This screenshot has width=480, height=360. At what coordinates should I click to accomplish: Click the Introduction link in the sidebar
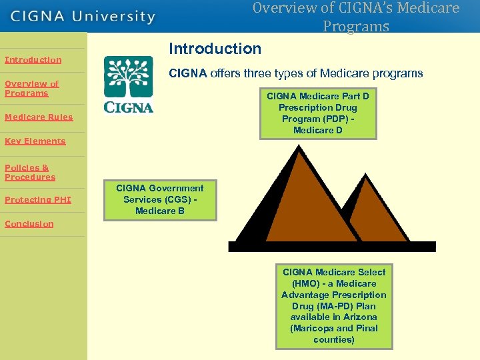33,60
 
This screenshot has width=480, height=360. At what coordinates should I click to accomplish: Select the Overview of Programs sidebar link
31,89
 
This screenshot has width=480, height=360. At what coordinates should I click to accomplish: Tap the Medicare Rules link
39,117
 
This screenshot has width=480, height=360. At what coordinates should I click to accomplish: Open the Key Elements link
35,141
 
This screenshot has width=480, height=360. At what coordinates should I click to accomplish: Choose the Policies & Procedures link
30,173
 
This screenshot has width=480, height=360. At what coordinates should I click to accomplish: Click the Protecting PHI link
37,200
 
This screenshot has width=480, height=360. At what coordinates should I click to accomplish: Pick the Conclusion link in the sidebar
29,224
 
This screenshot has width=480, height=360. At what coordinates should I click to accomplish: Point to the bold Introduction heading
215,49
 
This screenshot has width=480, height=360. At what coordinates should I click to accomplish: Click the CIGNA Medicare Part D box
318,113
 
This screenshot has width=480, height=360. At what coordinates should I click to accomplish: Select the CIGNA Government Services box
160,200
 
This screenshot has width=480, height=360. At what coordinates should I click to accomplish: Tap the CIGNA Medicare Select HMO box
334,306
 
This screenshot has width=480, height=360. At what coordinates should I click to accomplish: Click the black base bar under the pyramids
331,247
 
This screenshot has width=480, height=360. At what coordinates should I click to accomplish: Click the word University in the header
114,16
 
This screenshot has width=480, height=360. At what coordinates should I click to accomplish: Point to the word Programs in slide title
355,27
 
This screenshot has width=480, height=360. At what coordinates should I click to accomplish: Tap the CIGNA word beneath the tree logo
129,107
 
